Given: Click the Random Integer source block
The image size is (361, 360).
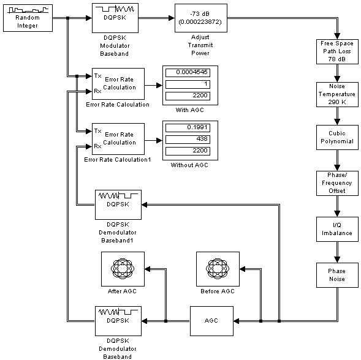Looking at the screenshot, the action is pos(28,18).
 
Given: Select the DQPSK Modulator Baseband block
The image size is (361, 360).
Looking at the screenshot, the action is pos(115,18).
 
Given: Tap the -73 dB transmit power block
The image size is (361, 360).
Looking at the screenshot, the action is pos(201,18).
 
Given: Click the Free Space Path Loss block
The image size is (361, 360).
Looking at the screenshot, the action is pos(337,51).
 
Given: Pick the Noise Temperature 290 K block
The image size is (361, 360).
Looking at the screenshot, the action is pos(337,94).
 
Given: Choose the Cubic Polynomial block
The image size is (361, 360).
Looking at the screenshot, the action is pos(337,137).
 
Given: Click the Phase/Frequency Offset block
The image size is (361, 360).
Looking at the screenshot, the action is pos(337,183).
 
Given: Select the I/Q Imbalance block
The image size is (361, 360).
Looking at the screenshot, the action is pos(337,229).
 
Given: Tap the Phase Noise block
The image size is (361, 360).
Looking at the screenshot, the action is pos(337,275).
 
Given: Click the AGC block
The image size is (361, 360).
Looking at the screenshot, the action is pos(211,321).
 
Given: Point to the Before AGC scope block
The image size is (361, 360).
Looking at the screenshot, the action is pos(218,269).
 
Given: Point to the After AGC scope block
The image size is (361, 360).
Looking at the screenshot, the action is pos(123,269).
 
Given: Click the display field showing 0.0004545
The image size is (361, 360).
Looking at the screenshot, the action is pos(188,73).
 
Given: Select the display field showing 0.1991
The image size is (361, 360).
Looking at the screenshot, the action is pos(188,128).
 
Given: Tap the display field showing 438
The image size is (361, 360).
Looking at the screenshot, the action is pos(188,140).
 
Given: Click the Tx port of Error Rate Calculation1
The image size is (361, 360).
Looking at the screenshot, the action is pos(97,131).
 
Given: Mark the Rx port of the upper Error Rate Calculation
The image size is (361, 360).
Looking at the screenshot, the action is pos(97,91).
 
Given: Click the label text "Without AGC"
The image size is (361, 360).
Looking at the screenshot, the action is pos(189,165).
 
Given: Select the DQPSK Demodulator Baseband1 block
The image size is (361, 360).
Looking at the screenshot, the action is pos(118,204).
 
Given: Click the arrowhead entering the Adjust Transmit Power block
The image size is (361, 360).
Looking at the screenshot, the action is pos(172,18).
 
